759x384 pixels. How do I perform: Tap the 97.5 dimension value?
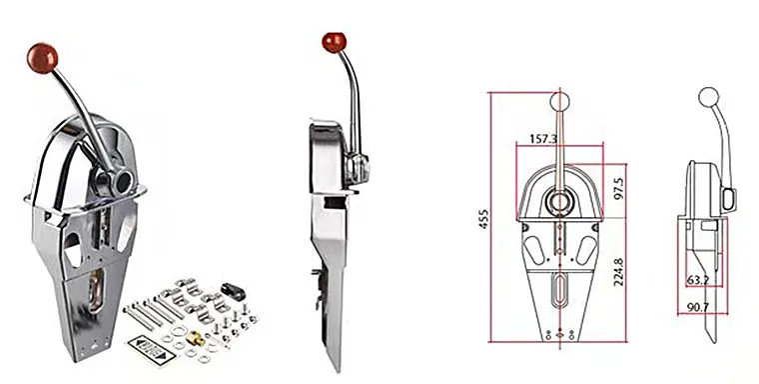[617, 187]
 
